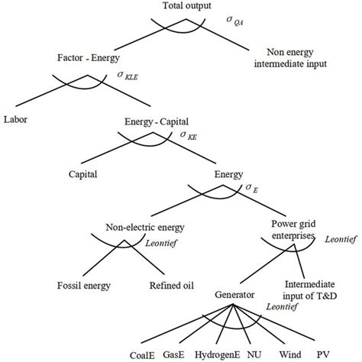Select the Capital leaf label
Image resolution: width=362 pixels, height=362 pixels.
tap(83, 174)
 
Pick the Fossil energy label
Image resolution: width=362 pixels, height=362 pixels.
tap(85, 286)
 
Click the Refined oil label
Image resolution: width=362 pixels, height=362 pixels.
tap(171, 286)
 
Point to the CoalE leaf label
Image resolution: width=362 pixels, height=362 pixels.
tap(119, 354)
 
